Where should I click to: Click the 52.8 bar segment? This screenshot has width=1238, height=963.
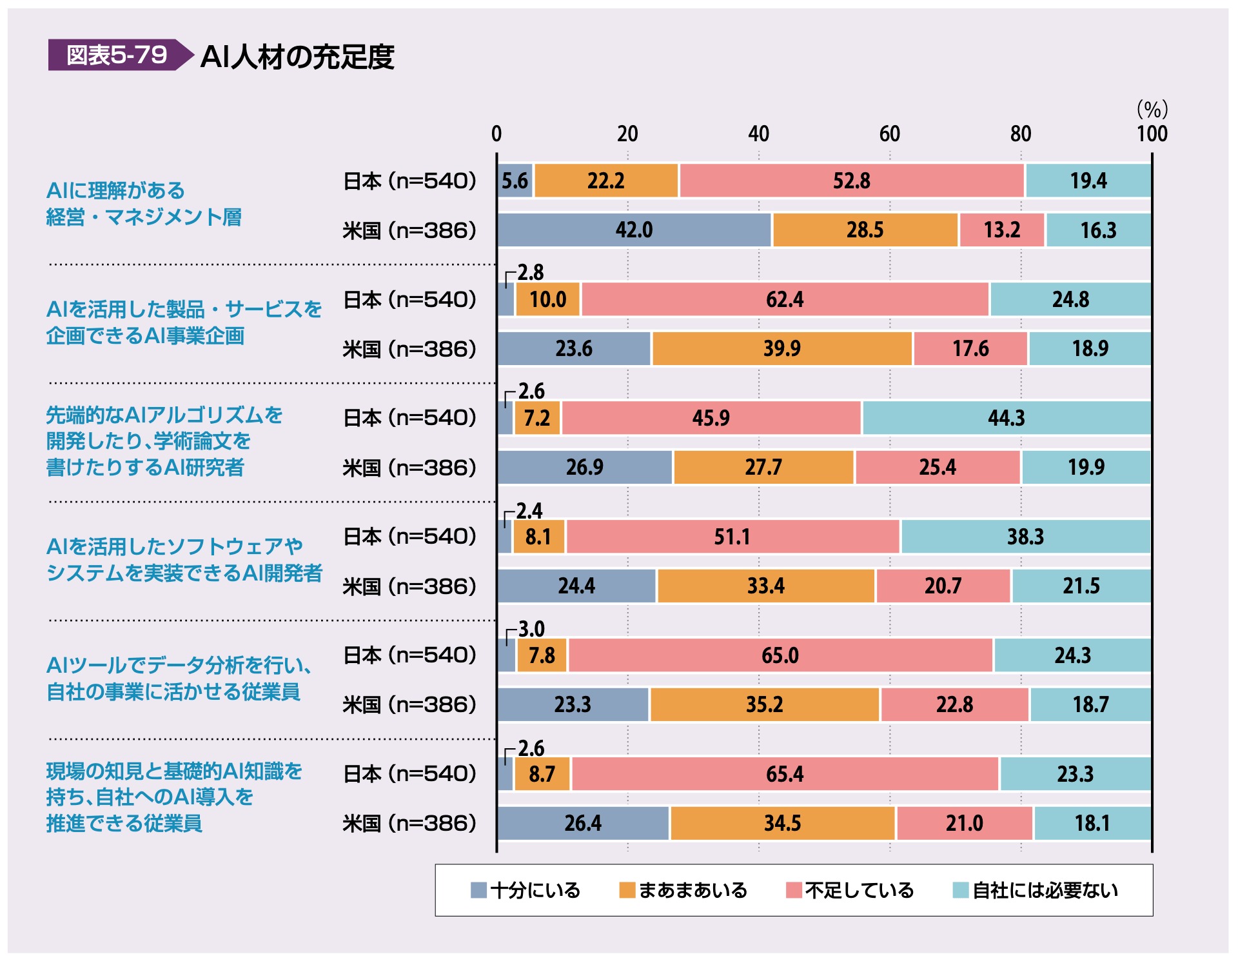851,181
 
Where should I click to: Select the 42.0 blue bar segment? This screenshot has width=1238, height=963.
634,230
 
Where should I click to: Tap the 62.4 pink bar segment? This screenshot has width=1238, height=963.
785,299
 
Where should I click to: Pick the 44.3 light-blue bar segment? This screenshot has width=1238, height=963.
1006,418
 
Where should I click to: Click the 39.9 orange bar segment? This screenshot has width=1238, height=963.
781,349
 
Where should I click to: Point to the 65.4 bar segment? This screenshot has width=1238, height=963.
785,774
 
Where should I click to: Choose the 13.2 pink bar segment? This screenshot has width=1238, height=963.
1001,230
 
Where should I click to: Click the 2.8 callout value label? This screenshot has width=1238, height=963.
530,272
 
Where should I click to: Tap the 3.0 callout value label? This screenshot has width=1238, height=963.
531,629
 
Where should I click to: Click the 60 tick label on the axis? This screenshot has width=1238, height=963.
889,134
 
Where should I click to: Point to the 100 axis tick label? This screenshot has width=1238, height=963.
1152,134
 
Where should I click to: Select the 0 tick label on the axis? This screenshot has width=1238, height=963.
496,134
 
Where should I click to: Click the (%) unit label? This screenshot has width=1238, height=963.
1152,109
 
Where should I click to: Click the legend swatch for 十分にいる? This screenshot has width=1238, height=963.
478,890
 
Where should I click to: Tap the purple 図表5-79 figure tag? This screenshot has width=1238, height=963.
117,55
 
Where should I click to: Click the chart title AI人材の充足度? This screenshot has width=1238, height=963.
297,57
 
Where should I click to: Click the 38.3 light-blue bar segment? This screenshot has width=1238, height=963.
1025,537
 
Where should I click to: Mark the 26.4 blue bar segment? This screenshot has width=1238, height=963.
583,823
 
